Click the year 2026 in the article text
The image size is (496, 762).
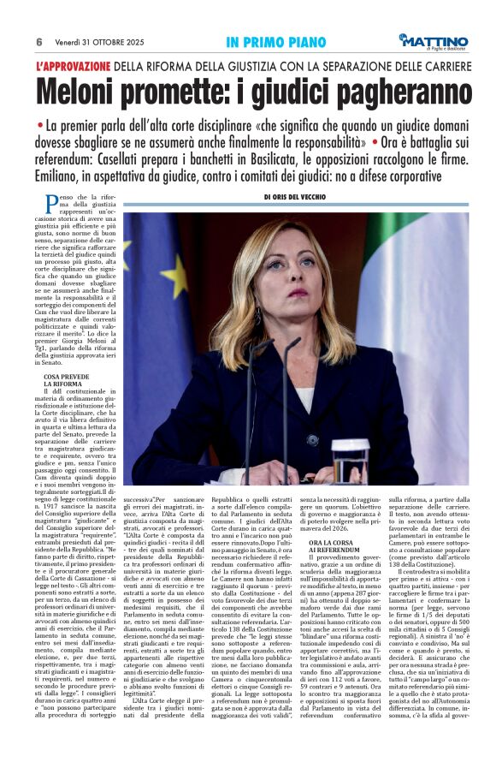point(343,528)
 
